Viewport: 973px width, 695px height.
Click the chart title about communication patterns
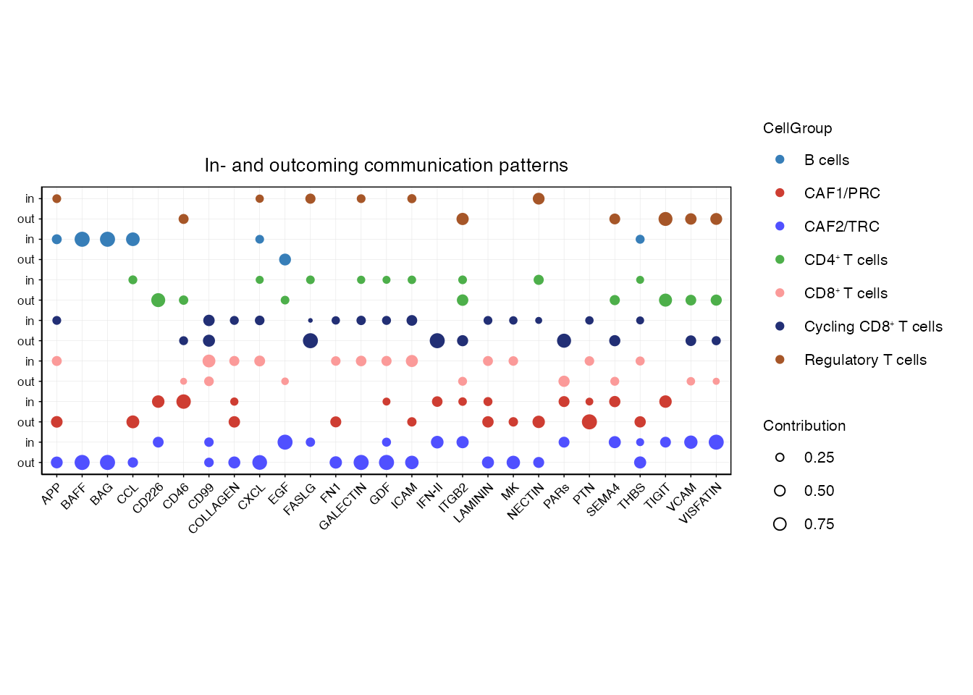coord(386,166)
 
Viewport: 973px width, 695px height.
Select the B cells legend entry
coord(826,160)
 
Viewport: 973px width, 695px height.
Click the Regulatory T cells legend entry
coord(864,360)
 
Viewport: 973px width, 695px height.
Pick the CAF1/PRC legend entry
coord(841,193)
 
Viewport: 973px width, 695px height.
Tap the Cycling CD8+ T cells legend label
coord(872,327)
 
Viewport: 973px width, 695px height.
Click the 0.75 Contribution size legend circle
coord(780,524)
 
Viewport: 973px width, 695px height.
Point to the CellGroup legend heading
coord(797,128)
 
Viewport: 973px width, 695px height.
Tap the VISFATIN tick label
coord(701,503)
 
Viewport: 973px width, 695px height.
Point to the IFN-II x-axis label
coord(430,497)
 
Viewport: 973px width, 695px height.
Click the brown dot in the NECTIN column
coord(539,198)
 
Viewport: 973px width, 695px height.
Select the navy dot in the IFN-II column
coord(437,341)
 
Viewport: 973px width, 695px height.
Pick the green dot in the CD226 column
coord(159,300)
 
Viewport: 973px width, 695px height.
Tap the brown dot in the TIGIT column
coord(665,219)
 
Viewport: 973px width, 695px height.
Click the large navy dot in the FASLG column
coord(311,341)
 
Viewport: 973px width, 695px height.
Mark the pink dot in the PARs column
coord(564,382)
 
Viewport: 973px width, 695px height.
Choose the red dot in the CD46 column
coord(184,402)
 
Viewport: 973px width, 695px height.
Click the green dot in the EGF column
coord(285,300)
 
